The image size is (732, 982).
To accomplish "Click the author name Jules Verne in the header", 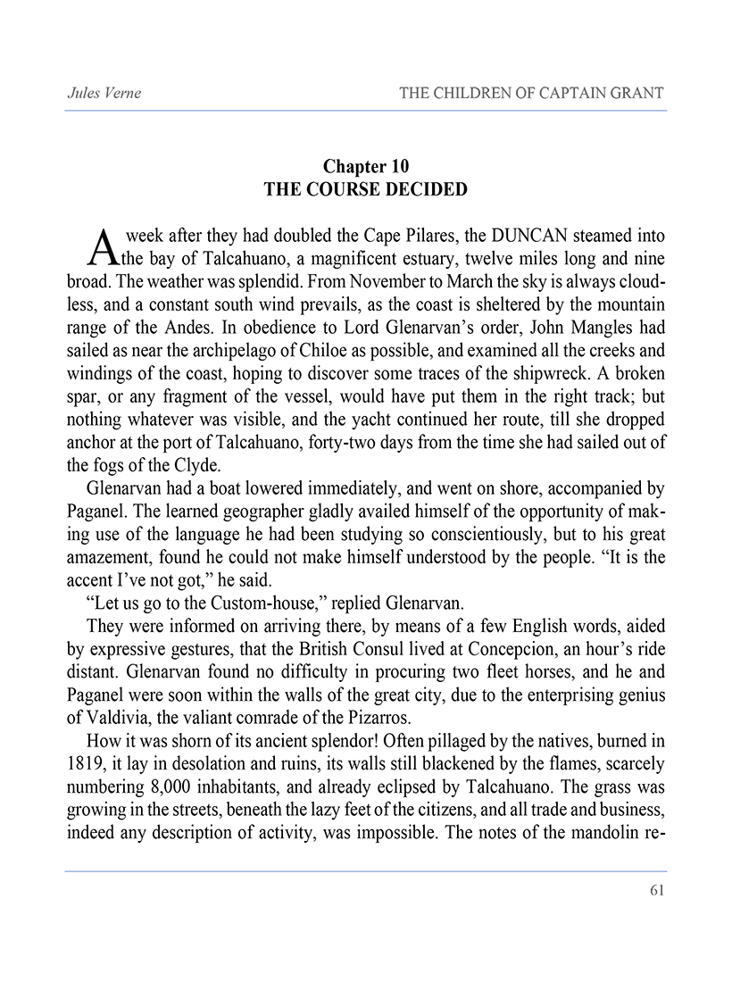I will click(104, 93).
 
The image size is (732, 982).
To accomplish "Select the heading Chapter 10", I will click(366, 167).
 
